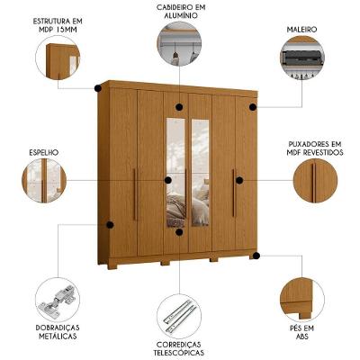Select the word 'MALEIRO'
pos(301,30)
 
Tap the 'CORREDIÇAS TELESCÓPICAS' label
pos(178,348)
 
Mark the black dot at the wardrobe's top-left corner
pos(96,88)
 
